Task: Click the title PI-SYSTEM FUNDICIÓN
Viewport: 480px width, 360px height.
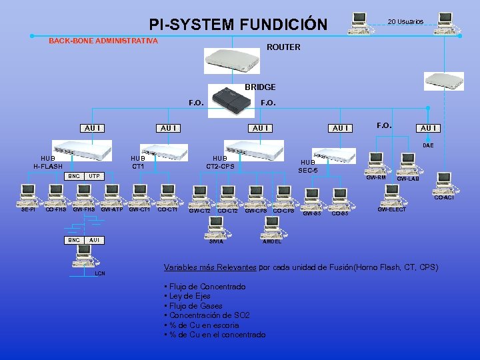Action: (x=238, y=25)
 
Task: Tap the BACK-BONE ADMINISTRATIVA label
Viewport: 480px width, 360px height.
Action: (x=103, y=41)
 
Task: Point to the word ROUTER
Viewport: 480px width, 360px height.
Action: (x=283, y=47)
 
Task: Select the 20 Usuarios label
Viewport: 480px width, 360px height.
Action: (x=405, y=22)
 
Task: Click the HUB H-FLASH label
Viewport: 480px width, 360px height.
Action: (x=48, y=163)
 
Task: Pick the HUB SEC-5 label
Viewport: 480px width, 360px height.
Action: (x=309, y=166)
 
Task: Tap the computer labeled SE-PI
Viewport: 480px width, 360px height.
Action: (x=28, y=195)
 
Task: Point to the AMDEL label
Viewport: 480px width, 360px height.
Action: (x=272, y=241)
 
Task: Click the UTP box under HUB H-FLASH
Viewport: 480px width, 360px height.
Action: (x=95, y=176)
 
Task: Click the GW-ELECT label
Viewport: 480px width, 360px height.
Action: (x=391, y=210)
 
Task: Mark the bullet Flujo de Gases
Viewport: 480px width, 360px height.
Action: (x=193, y=305)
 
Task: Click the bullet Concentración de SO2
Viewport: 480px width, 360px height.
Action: (x=207, y=315)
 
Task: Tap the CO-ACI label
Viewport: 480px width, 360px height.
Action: (x=443, y=197)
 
